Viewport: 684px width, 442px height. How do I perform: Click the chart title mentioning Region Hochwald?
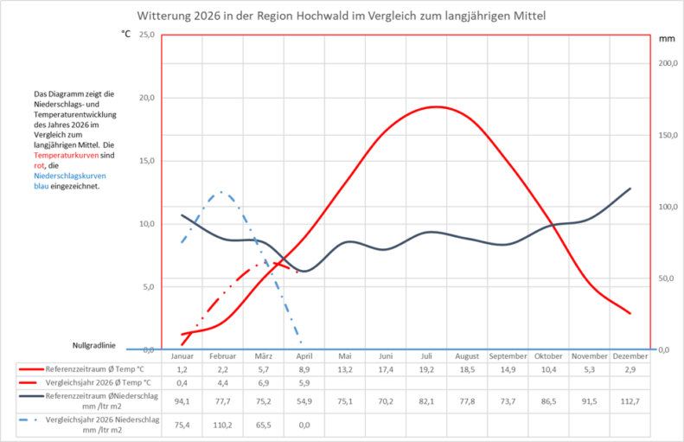[342, 16]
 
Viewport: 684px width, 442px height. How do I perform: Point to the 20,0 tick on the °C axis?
[147, 98]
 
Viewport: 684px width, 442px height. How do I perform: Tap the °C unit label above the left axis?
[126, 35]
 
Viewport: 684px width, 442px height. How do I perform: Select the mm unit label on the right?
[666, 39]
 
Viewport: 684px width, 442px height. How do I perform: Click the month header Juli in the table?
[426, 356]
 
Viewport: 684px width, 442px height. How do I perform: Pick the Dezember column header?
[630, 356]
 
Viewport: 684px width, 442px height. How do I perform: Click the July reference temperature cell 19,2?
[426, 369]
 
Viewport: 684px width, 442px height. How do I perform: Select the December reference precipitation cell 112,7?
[630, 400]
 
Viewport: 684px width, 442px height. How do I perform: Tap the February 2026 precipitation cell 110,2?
[222, 425]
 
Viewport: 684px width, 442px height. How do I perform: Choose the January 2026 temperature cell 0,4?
[182, 382]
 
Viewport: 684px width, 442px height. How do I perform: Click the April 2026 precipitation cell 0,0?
[304, 425]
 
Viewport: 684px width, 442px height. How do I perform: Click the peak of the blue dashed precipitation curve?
[221, 192]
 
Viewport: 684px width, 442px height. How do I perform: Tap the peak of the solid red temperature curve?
[436, 106]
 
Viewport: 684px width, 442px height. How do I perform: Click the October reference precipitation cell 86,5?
[548, 400]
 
